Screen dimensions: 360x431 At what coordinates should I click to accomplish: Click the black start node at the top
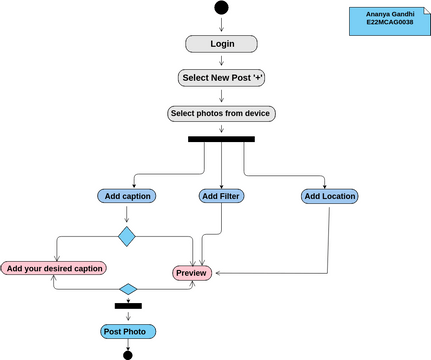coord(221,9)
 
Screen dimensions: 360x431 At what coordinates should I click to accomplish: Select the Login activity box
coord(221,44)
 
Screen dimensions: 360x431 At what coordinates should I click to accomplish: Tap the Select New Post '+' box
coord(221,78)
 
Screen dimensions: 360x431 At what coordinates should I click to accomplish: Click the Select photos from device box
coord(221,113)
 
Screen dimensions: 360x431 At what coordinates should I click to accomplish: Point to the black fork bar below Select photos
coord(221,139)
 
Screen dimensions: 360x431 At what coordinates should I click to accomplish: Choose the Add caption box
coord(126,196)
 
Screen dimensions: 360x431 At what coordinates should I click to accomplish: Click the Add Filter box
coord(221,196)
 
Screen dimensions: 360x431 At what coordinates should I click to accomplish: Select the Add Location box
coord(329,196)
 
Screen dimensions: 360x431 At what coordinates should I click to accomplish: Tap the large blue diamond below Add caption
coord(126,237)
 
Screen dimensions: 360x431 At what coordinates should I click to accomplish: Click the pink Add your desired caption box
coord(54,268)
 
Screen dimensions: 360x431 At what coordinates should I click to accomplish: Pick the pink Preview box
coord(192,273)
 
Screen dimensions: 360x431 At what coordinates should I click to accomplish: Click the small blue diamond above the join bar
coord(128,290)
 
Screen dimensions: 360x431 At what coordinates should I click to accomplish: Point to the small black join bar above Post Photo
coord(128,305)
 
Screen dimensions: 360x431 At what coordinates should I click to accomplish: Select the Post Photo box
coord(128,331)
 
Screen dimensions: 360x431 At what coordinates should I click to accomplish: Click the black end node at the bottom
coord(128,354)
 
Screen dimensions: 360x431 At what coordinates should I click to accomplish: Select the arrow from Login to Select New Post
coord(221,61)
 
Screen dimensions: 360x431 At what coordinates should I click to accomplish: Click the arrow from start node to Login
coord(221,26)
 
